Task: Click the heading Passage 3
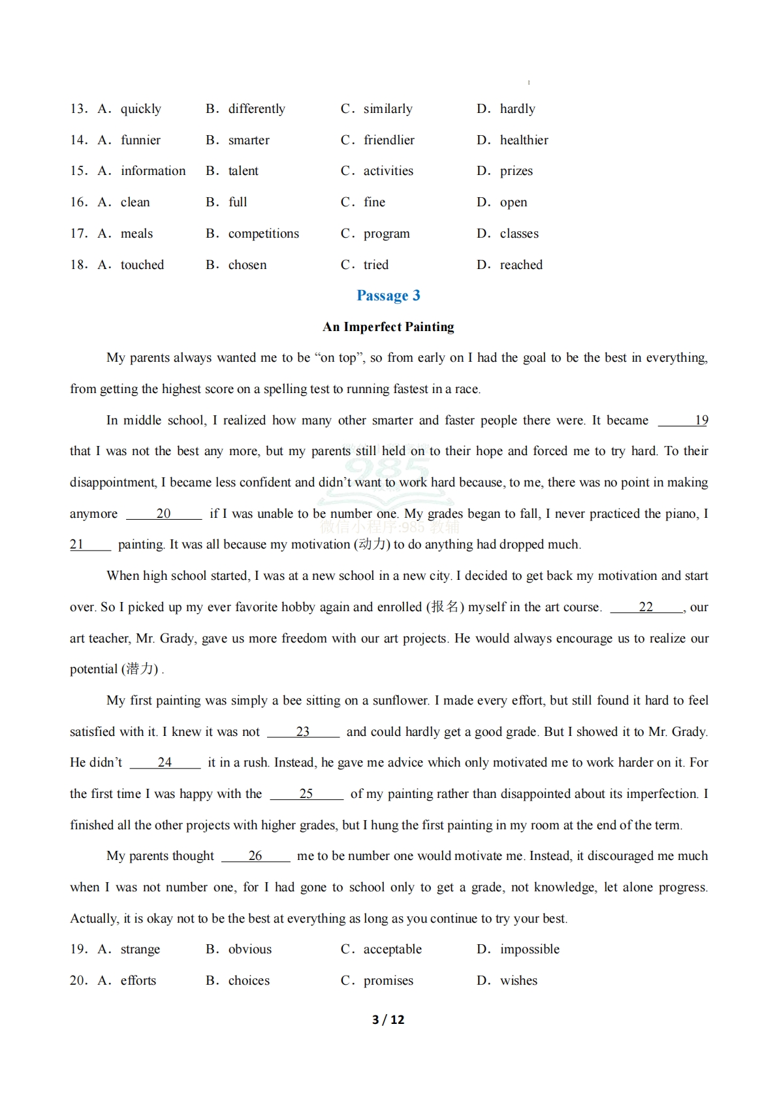(388, 296)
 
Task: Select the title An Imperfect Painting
(388, 327)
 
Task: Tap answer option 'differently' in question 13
(256, 108)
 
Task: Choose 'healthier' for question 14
(524, 140)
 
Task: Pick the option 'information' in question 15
(153, 170)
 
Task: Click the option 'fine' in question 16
(374, 202)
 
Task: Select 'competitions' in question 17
(263, 233)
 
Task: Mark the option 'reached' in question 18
(521, 264)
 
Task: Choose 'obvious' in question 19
(249, 949)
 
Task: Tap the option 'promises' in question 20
(388, 980)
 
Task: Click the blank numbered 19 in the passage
(684, 421)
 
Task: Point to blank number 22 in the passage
(646, 607)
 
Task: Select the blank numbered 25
(306, 794)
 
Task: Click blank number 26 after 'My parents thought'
(255, 856)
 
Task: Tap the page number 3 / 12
(388, 1019)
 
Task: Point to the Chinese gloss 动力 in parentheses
(372, 545)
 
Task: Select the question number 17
(78, 233)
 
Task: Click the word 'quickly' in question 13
(140, 108)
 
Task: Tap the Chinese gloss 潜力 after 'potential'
(140, 669)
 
